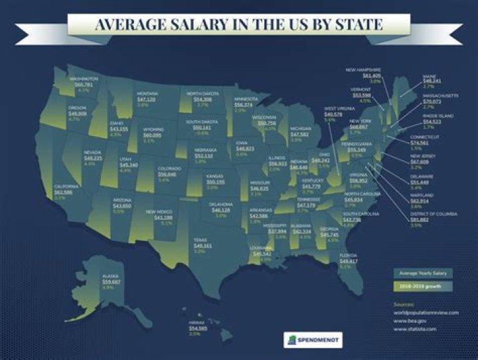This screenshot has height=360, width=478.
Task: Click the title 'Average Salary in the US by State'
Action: (238, 25)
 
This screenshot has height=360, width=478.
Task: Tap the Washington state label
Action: (84, 78)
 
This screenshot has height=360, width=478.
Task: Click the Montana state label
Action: (147, 93)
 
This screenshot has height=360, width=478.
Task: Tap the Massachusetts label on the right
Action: (441, 96)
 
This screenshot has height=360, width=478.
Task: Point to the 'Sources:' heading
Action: (404, 304)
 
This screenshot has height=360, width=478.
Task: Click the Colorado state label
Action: (169, 168)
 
